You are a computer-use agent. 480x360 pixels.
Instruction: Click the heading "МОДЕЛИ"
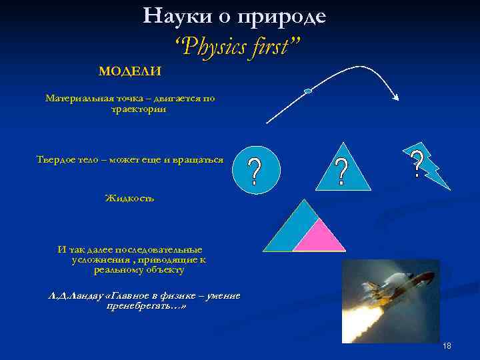pyautogui.click(x=130, y=71)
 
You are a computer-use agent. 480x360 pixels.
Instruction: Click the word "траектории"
pyautogui.click(x=139, y=109)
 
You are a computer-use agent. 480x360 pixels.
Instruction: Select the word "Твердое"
pyautogui.click(x=59, y=159)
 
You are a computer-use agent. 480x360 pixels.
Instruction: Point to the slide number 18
pyautogui.click(x=447, y=345)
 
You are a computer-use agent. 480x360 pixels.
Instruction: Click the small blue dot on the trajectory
pyautogui.click(x=307, y=91)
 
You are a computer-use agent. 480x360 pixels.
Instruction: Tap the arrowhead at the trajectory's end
pyautogui.click(x=396, y=98)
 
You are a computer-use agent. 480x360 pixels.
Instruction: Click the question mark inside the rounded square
pyautogui.click(x=254, y=171)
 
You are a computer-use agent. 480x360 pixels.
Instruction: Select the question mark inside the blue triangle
pyautogui.click(x=341, y=172)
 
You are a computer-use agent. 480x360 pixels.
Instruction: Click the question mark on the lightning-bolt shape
pyautogui.click(x=417, y=164)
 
